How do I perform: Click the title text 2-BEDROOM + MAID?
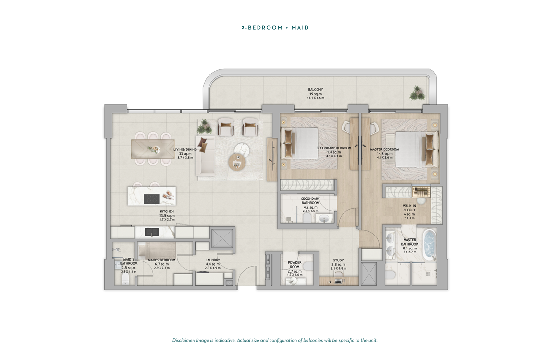click(275, 28)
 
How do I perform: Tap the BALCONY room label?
click(316, 90)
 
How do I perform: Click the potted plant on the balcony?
click(417, 92)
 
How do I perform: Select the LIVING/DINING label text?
click(185, 149)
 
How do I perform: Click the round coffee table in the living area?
click(237, 162)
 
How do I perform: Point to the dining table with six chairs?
click(153, 149)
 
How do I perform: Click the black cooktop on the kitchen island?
click(152, 199)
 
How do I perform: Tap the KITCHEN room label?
click(167, 211)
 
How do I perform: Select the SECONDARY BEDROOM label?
click(333, 149)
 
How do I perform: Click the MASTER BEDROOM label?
click(384, 149)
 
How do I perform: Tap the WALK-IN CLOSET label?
click(409, 208)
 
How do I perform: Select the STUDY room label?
click(338, 261)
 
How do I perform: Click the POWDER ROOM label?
click(295, 265)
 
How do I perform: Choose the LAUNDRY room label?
click(212, 260)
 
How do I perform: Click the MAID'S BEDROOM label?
click(161, 260)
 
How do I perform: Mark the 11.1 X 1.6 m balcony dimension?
click(316, 98)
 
